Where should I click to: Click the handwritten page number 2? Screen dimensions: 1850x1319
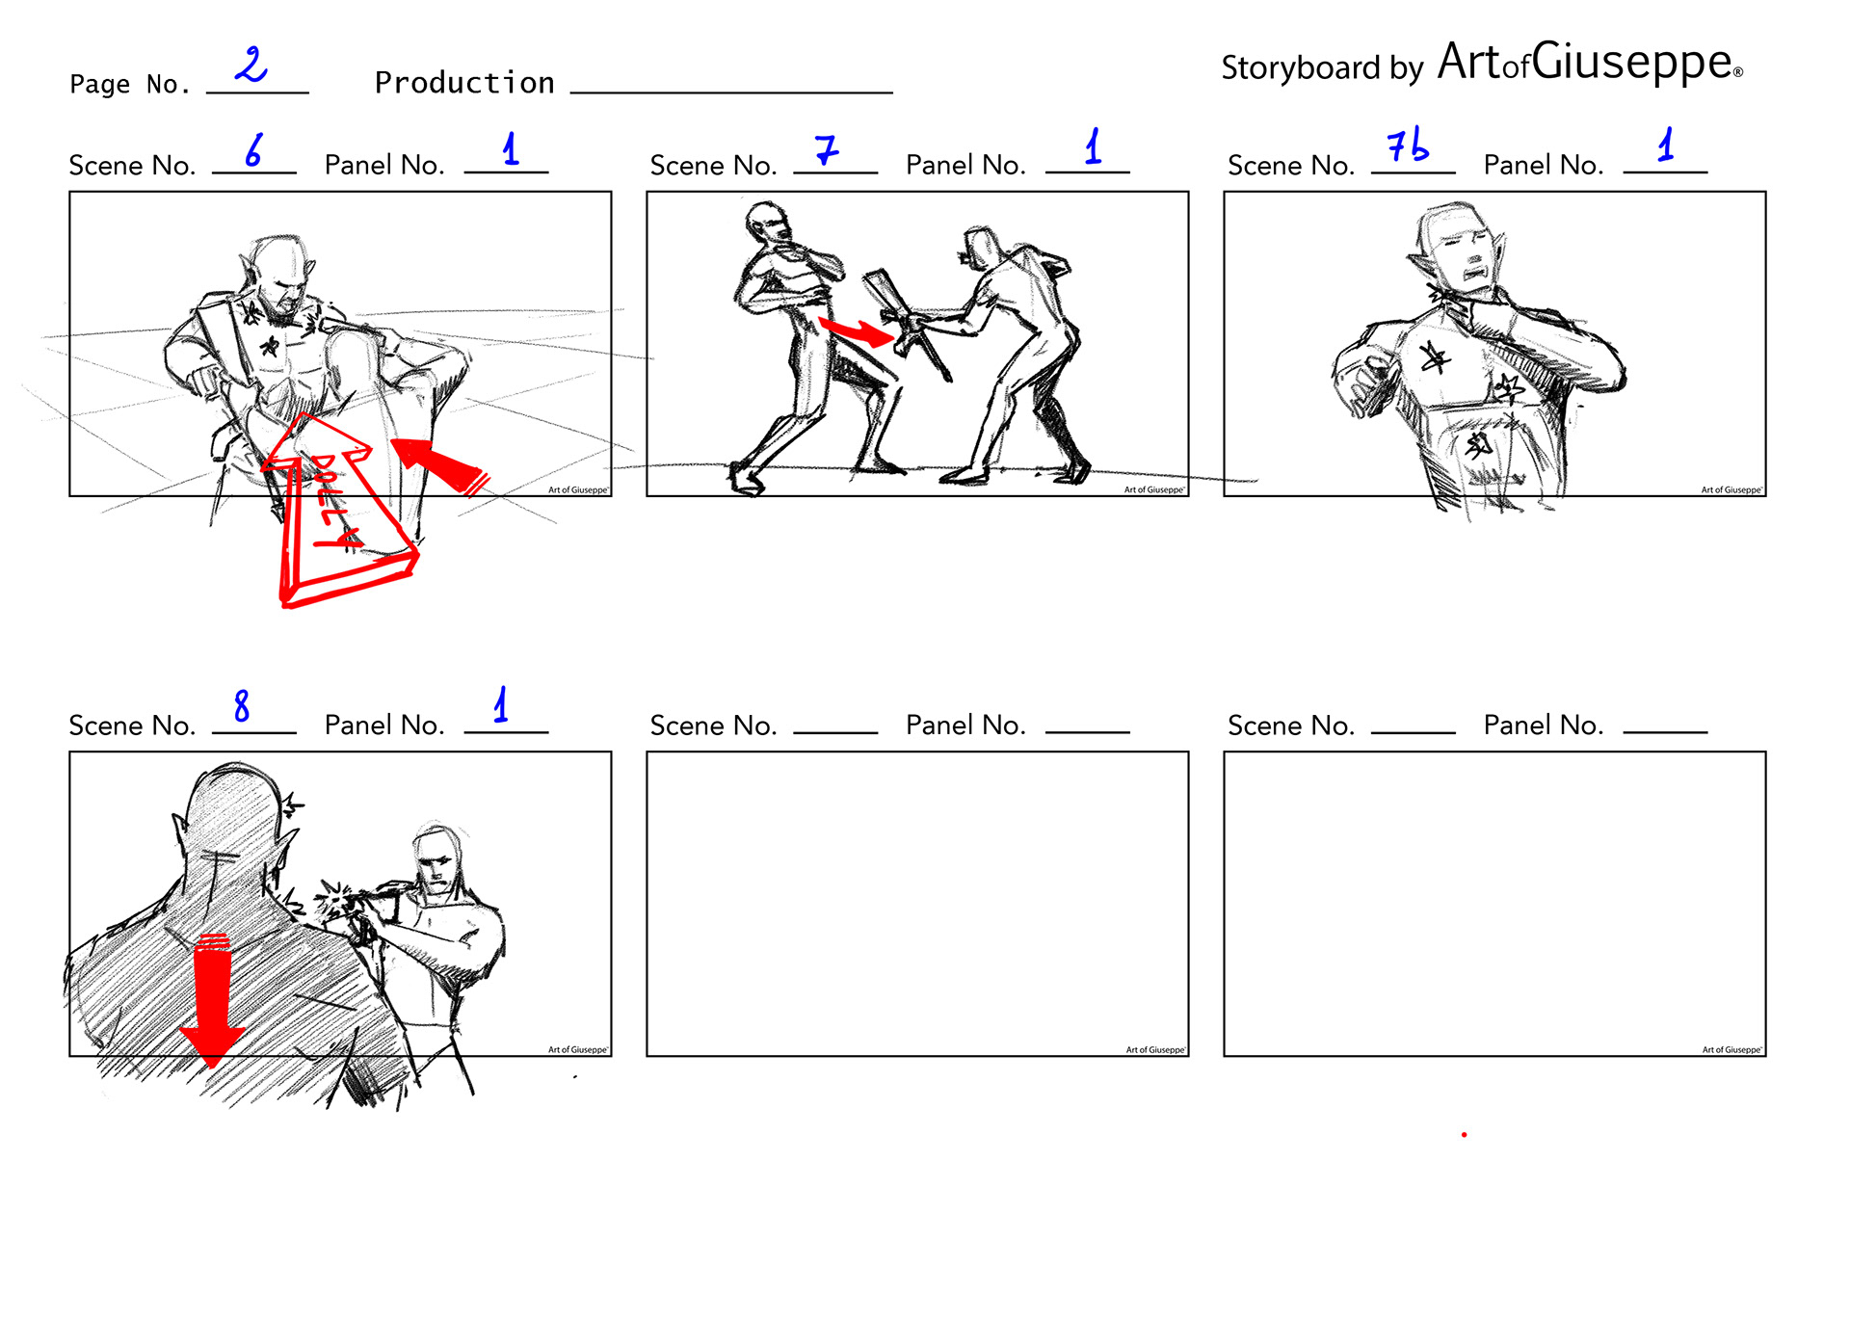coord(251,65)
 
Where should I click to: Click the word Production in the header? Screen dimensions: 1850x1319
coord(464,83)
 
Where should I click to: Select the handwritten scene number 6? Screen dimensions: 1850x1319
coord(253,149)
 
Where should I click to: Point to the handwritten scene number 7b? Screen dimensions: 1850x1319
coord(1407,145)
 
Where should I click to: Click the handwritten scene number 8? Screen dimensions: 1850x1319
coord(242,705)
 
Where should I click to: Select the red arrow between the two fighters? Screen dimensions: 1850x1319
coord(857,330)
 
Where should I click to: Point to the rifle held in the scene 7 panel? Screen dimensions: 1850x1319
coord(906,323)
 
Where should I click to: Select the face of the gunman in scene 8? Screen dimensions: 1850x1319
coord(435,862)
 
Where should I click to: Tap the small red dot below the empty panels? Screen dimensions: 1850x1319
coord(1464,1135)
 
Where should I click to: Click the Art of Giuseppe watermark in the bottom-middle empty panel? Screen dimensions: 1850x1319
coord(1155,1049)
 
